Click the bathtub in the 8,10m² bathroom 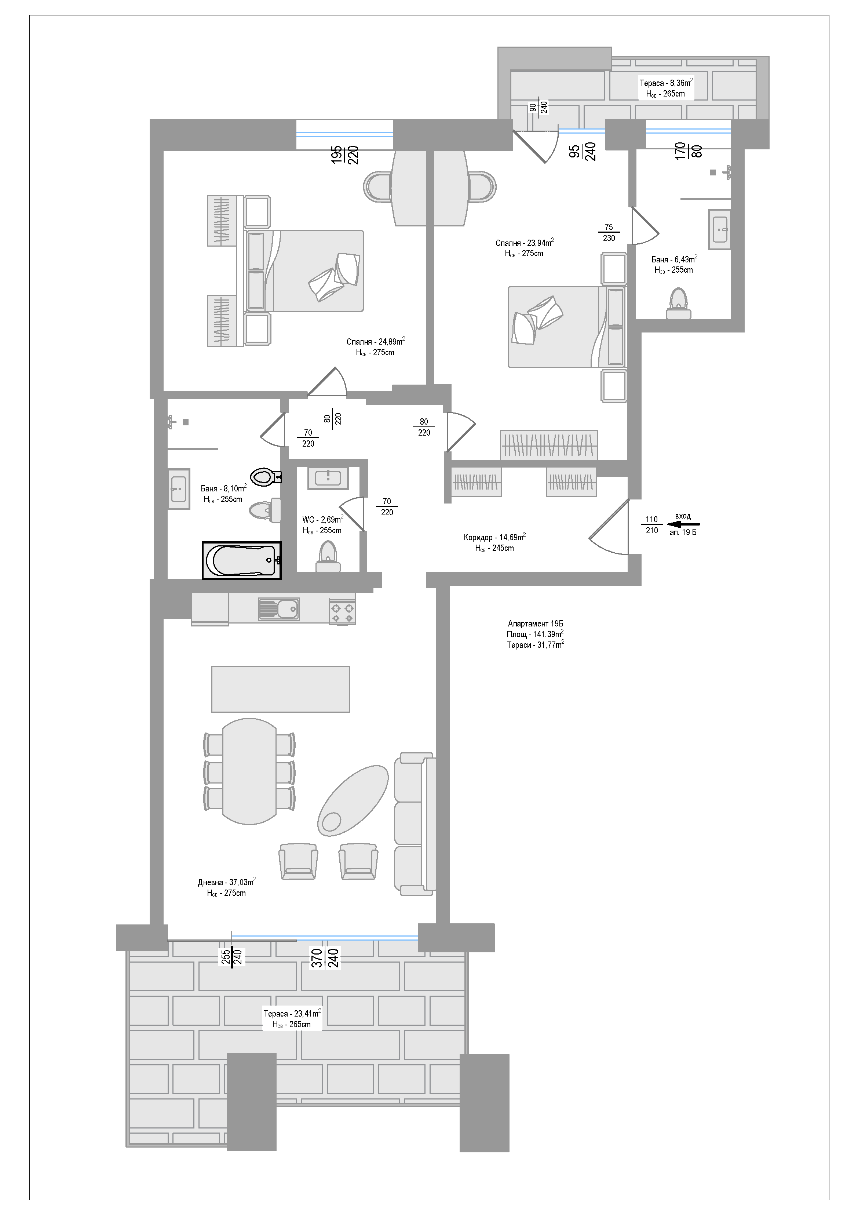click(242, 560)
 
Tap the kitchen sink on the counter click(278, 609)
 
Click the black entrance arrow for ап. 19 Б click(683, 524)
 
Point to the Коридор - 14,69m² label click(494, 537)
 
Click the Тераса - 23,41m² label click(292, 1014)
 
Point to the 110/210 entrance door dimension click(652, 525)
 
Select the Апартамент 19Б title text click(536, 624)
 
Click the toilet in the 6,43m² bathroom click(678, 303)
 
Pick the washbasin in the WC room click(328, 478)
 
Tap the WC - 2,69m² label click(322, 519)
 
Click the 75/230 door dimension click(609, 233)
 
